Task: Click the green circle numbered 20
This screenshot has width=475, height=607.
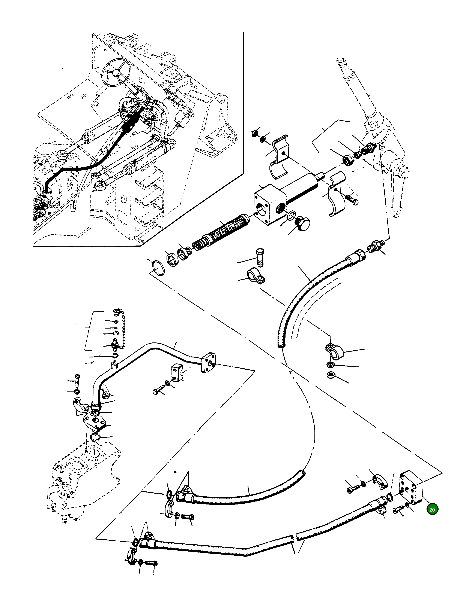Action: pyautogui.click(x=432, y=510)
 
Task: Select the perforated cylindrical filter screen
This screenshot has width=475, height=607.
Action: pyautogui.click(x=226, y=226)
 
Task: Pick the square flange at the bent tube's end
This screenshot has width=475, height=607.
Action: pyautogui.click(x=208, y=362)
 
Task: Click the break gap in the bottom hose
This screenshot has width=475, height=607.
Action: pyautogui.click(x=295, y=537)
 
